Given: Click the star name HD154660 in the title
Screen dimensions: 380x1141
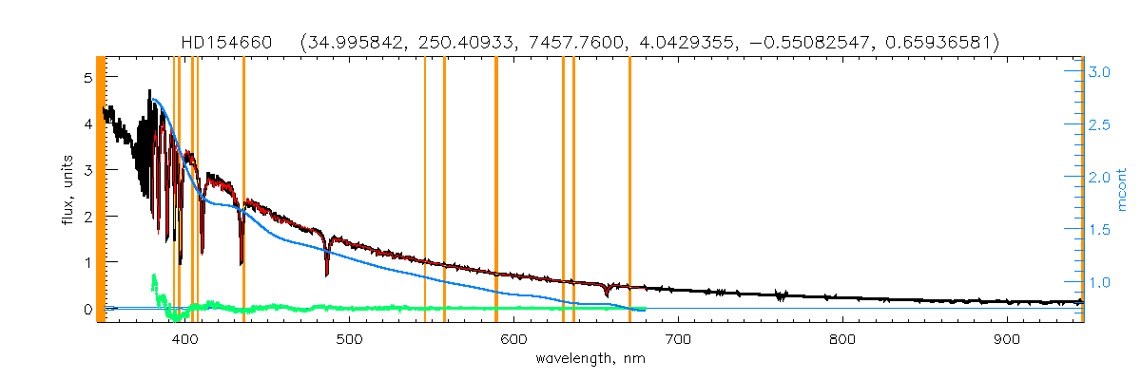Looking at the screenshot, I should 227,43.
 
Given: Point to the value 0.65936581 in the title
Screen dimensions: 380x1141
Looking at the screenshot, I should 940,43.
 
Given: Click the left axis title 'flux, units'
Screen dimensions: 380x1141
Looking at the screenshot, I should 68,190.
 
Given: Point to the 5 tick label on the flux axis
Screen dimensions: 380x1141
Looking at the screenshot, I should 87,77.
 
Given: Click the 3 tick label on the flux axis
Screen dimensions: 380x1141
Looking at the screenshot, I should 87,169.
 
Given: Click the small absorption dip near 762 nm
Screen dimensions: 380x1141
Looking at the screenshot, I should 781,296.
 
